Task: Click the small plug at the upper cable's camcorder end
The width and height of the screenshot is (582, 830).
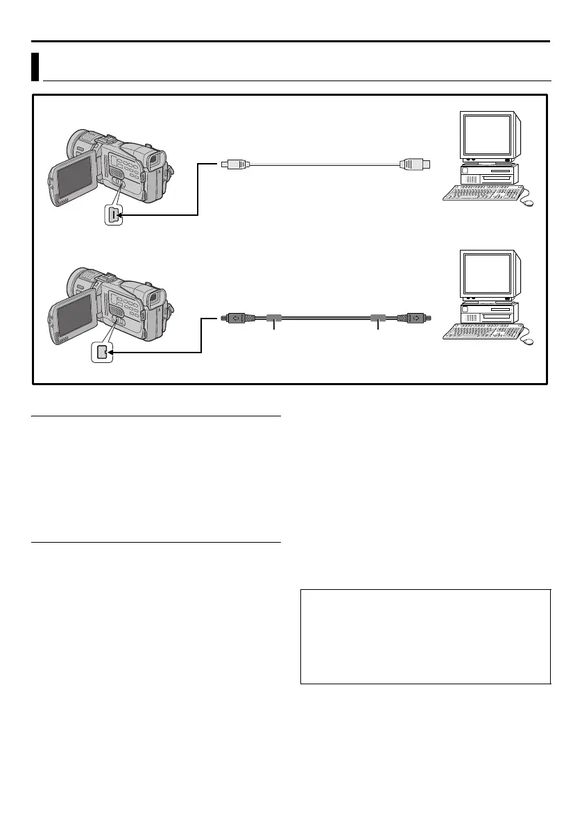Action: coord(232,164)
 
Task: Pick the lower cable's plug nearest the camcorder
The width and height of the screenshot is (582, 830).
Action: coord(232,319)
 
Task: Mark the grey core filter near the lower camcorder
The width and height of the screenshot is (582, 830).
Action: coord(274,319)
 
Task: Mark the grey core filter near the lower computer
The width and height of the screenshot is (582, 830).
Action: coord(377,319)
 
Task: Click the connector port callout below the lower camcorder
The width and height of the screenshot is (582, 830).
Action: coord(103,353)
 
